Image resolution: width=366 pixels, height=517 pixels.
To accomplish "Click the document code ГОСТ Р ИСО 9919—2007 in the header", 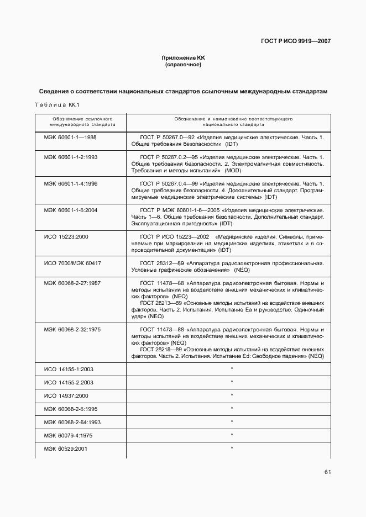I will (x=296, y=41).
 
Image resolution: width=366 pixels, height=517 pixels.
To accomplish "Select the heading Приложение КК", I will (x=182, y=58).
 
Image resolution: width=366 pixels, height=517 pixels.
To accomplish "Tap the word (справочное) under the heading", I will (x=183, y=65).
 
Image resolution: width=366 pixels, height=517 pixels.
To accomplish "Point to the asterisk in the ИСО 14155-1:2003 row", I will (x=232, y=368).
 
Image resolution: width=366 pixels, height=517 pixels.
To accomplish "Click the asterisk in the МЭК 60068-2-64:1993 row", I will (x=232, y=421).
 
